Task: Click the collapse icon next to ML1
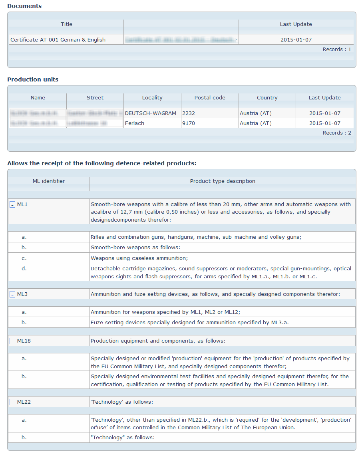[x=12, y=204]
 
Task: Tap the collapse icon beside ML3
[x=12, y=295]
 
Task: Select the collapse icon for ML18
[x=12, y=341]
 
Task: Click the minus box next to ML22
[x=12, y=402]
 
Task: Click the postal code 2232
[x=189, y=113]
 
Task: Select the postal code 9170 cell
[x=189, y=123]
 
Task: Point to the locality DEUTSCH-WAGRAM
[x=151, y=113]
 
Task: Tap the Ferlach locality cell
[x=134, y=123]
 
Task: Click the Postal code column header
[x=210, y=98]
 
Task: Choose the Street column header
[x=95, y=98]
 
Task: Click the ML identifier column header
[x=49, y=181]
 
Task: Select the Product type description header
[x=223, y=181]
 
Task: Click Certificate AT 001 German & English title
[x=58, y=40]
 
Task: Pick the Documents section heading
[x=24, y=6]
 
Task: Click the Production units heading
[x=33, y=79]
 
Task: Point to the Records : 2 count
[x=337, y=133]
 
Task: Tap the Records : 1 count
[x=337, y=50]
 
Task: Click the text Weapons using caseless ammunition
[x=139, y=258]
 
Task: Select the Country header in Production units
[x=267, y=98]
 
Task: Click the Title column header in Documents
[x=66, y=24]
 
